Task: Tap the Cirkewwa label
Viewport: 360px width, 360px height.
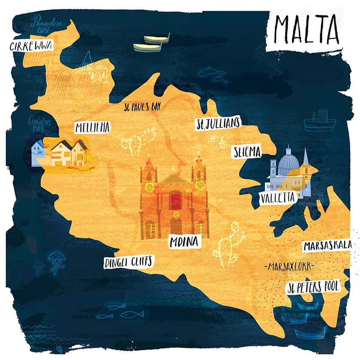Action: (x=31, y=45)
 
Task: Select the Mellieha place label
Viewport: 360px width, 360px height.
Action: (x=93, y=128)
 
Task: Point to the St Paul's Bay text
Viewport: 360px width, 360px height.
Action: (x=142, y=107)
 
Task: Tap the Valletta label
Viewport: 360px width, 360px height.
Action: (x=277, y=198)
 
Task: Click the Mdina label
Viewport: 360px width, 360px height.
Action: (x=184, y=242)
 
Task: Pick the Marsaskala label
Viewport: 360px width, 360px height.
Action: (x=327, y=246)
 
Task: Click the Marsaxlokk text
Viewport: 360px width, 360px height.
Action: (x=289, y=267)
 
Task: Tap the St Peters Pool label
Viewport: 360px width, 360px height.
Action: (x=312, y=287)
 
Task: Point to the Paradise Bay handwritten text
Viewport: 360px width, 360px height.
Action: (x=48, y=24)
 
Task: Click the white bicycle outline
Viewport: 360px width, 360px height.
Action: (x=217, y=141)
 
